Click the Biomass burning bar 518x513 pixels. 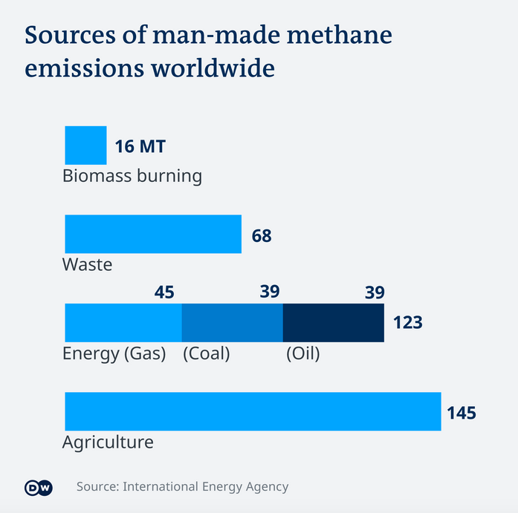pos(85,145)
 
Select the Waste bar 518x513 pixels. pos(153,234)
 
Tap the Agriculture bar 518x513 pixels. pos(253,411)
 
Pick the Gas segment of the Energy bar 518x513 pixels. pos(123,322)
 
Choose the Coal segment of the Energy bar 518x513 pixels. pos(233,322)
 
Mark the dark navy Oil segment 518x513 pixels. pos(334,322)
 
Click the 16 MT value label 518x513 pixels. pos(140,146)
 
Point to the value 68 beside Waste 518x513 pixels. pos(262,236)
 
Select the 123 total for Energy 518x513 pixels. pos(407,322)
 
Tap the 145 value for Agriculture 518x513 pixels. pos(461,413)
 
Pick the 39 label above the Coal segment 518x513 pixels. pos(269,292)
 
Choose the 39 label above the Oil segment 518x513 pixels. pos(375,292)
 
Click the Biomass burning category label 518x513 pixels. pos(132,176)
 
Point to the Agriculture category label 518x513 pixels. pos(108,442)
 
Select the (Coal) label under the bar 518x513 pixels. pos(206,354)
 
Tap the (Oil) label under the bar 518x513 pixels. pos(302,354)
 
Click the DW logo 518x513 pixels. pos(38,488)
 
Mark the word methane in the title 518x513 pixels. pos(338,35)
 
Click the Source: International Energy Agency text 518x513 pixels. pos(182,487)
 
